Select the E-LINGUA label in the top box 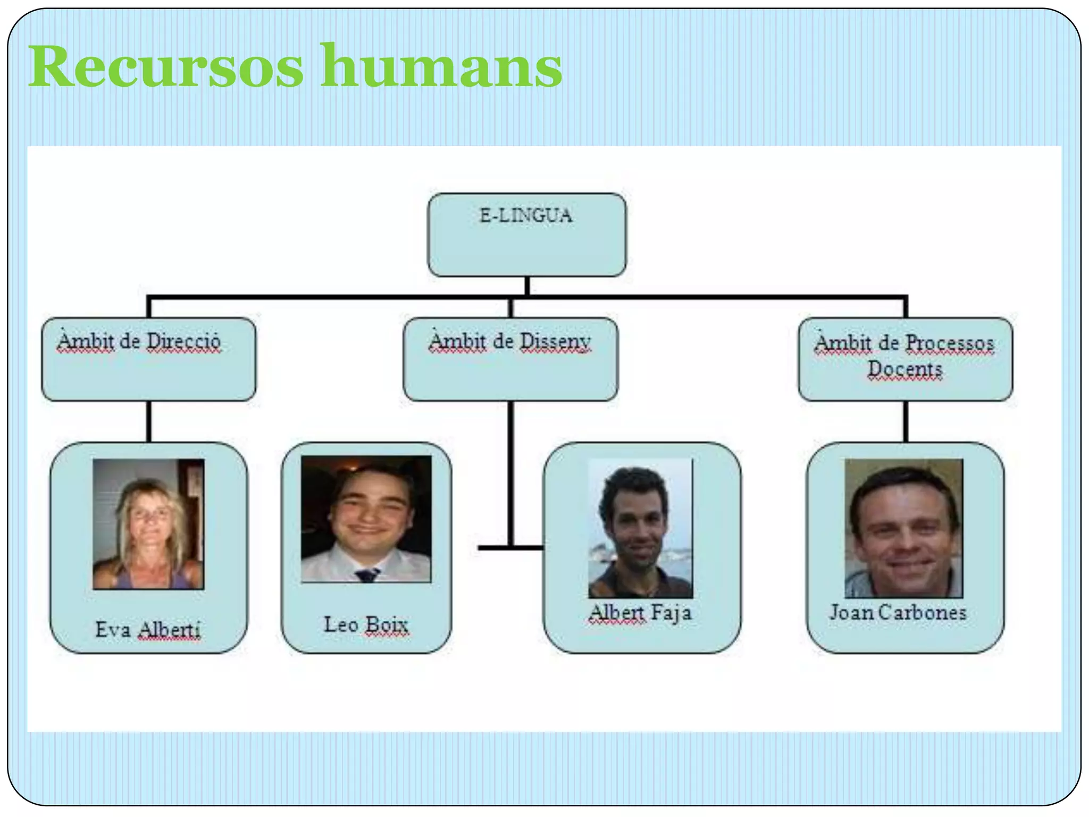click(526, 215)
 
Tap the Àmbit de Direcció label click(139, 341)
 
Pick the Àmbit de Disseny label click(509, 341)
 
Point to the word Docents click(904, 369)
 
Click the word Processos click(949, 343)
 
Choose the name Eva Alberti click(148, 630)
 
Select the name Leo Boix click(366, 624)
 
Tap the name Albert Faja click(641, 613)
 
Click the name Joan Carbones click(898, 612)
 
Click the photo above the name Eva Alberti click(148, 524)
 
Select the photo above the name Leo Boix click(366, 519)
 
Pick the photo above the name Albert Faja click(641, 528)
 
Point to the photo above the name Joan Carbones click(903, 528)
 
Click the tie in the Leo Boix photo click(367, 575)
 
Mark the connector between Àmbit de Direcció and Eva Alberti click(149, 421)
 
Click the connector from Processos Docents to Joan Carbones click(906, 421)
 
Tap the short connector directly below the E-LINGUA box click(527, 286)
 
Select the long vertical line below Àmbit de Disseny click(510, 473)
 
